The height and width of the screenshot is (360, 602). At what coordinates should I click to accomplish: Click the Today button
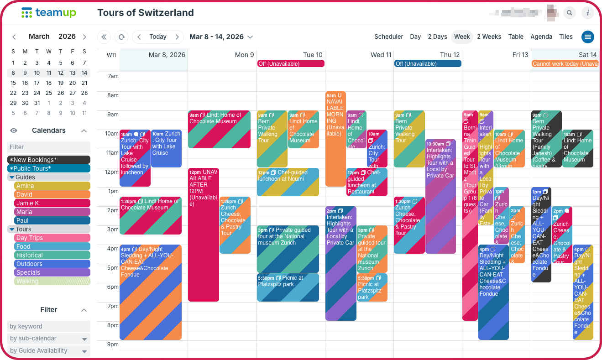click(157, 37)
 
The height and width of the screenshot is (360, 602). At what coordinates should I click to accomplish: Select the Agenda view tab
click(541, 37)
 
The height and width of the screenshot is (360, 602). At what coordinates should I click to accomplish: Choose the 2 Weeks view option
click(489, 37)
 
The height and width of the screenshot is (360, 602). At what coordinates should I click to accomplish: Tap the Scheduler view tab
click(388, 37)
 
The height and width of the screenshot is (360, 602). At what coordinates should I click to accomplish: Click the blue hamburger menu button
click(587, 37)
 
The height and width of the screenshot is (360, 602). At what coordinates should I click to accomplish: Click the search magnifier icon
click(569, 13)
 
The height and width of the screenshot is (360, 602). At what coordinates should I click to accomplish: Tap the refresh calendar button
click(121, 37)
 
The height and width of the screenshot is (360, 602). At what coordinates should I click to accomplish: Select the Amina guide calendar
click(49, 186)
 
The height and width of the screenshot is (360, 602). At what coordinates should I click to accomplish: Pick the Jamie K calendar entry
click(49, 203)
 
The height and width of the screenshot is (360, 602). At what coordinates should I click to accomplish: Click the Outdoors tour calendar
click(49, 264)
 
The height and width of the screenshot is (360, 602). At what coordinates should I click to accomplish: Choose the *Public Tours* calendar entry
click(49, 169)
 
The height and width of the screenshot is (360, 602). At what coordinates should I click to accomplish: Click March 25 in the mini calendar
click(49, 93)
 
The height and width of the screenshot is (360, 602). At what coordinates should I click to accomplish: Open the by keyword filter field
click(49, 327)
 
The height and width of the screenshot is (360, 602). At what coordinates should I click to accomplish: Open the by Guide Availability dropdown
click(49, 351)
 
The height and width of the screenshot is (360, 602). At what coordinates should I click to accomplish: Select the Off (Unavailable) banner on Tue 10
click(291, 64)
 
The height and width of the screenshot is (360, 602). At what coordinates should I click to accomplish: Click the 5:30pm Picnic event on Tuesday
click(288, 287)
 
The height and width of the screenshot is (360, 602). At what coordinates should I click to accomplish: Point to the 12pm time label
click(112, 172)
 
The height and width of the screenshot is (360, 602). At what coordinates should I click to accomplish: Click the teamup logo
click(49, 13)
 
